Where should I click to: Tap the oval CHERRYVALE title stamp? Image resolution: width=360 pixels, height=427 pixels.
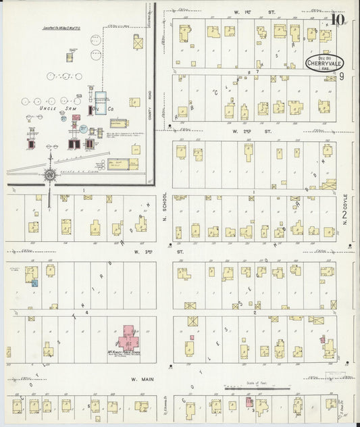coord(322,62)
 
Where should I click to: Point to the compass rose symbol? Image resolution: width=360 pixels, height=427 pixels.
coord(50,175)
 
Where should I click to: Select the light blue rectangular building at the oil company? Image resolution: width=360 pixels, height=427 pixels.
coord(101,101)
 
